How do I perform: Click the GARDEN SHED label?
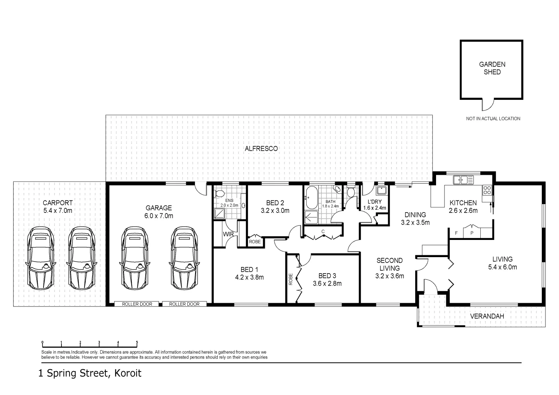click(x=492, y=68)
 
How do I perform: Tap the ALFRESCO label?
click(x=261, y=148)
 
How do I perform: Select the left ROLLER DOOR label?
click(x=137, y=304)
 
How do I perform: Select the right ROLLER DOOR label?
click(x=184, y=304)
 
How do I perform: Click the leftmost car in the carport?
click(x=40, y=258)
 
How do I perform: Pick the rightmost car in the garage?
click(x=185, y=258)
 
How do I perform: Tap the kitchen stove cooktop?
click(x=487, y=190)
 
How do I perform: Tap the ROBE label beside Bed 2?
click(x=255, y=242)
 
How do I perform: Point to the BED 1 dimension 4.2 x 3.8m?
click(x=250, y=277)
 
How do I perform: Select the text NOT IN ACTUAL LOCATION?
click(x=493, y=118)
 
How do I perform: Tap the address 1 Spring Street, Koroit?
click(x=90, y=373)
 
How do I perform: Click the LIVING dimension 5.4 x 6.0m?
click(x=502, y=267)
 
